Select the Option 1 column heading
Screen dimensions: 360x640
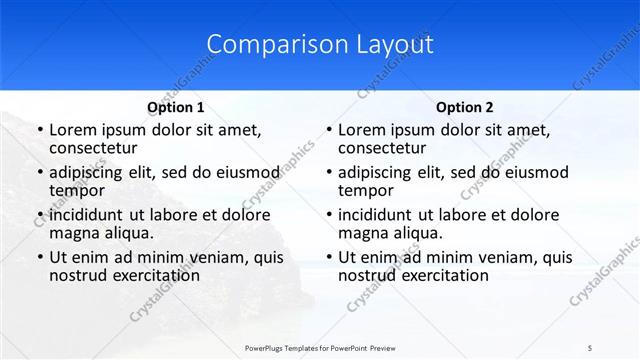(176, 107)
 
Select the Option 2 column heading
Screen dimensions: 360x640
(465, 107)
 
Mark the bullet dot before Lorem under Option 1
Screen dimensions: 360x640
(39, 130)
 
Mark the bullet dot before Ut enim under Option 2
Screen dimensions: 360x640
(328, 258)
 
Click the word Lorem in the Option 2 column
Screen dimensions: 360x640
(362, 129)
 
